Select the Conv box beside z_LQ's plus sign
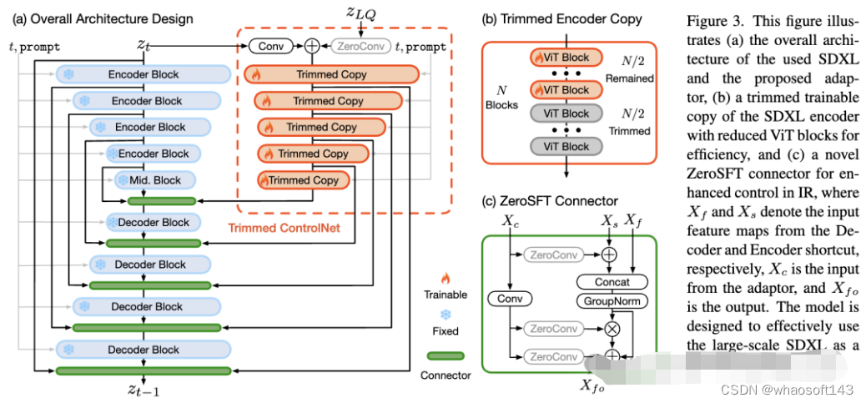click(x=270, y=48)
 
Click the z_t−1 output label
click(x=146, y=389)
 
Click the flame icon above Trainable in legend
click(x=446, y=279)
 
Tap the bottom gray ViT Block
click(x=565, y=146)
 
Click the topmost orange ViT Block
click(x=565, y=58)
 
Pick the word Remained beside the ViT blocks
click(x=632, y=78)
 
